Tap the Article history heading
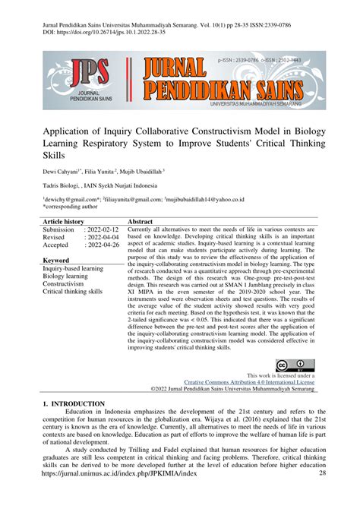pyautogui.click(x=63, y=220)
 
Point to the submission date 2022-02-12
pyautogui.click(x=103, y=229)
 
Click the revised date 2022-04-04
pyautogui.click(x=103, y=237)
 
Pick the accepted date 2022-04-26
pyautogui.click(x=103, y=245)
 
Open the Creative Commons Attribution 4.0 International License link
pyautogui.click(x=250, y=382)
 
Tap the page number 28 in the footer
pyautogui.click(x=322, y=495)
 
